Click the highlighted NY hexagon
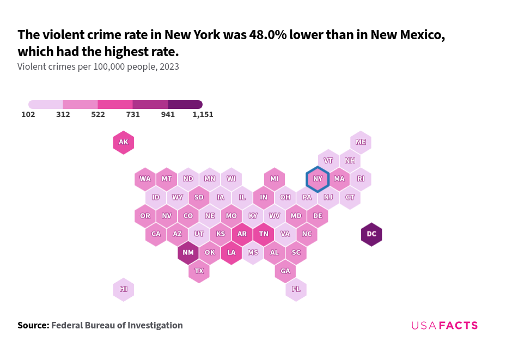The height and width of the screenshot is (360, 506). (318, 179)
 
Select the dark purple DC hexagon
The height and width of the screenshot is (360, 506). (371, 234)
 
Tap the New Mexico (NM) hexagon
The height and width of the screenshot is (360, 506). (188, 253)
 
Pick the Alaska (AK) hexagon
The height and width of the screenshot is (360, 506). (124, 143)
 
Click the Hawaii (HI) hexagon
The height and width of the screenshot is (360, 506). (124, 289)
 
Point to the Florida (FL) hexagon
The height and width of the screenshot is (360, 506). (296, 289)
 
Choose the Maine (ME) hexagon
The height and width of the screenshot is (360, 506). (361, 142)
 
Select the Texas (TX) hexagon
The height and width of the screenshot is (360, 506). (199, 271)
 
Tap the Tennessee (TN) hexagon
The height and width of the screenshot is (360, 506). (264, 234)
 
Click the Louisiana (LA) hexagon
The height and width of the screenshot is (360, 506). (231, 253)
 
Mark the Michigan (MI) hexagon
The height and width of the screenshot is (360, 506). (275, 179)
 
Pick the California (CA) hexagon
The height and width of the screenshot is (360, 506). (156, 234)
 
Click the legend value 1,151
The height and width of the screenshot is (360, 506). (203, 115)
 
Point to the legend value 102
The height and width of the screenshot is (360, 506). (28, 115)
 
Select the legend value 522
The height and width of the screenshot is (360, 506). (98, 115)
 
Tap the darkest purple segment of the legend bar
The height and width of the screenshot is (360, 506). (185, 104)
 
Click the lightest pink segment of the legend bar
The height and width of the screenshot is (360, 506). (46, 104)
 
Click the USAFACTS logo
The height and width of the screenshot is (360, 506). (444, 326)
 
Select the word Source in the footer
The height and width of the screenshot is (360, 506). (33, 325)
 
